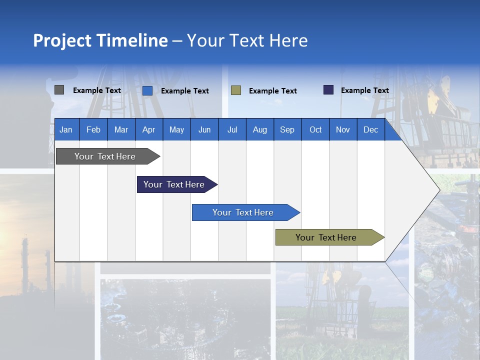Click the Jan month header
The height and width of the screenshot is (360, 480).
(x=66, y=129)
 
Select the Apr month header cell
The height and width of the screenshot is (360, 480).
(x=148, y=129)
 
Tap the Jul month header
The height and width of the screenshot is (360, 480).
(x=232, y=129)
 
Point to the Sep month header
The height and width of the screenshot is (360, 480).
(x=287, y=129)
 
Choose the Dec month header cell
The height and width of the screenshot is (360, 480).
(x=370, y=129)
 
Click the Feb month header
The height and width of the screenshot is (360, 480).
(x=93, y=129)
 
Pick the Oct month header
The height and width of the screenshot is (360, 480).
(x=315, y=129)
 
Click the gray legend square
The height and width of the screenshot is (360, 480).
(x=59, y=90)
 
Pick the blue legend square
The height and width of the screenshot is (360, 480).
(x=147, y=90)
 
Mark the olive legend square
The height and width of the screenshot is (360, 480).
(x=236, y=90)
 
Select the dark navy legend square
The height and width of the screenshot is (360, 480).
(x=328, y=90)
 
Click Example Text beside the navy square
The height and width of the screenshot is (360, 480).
(x=364, y=90)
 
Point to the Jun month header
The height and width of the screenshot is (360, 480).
(x=204, y=129)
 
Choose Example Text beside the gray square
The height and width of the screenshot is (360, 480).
(x=96, y=90)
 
